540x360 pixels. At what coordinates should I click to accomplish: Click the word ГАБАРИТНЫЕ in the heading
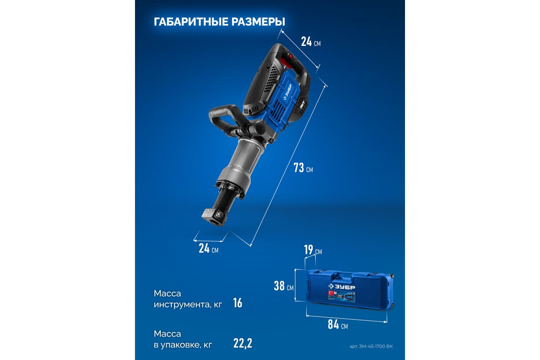[191, 22]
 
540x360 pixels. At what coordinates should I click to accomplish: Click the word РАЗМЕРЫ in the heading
[258, 22]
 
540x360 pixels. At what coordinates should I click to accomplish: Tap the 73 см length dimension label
[303, 167]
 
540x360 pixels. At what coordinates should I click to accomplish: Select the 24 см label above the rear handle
[311, 42]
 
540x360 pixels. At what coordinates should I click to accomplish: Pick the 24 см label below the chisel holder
[208, 248]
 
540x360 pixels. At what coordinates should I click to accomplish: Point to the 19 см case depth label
[313, 250]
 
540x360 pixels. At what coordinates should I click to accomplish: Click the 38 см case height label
[284, 286]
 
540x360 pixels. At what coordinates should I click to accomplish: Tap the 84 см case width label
[338, 324]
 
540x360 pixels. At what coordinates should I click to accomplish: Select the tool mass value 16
[238, 303]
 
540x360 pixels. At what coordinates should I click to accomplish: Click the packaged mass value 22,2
[243, 343]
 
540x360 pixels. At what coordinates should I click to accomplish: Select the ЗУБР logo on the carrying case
[342, 287]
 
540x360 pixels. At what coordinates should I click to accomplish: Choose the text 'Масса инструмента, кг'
[188, 299]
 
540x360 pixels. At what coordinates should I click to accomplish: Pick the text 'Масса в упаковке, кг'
[183, 339]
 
